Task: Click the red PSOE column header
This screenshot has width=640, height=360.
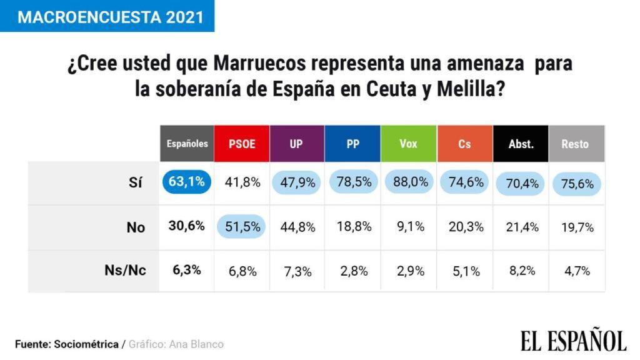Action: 242,144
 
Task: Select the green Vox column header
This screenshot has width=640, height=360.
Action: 408,144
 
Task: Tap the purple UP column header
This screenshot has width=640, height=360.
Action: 297,144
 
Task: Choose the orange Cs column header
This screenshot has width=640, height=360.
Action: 464,144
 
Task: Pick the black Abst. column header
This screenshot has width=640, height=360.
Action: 521,144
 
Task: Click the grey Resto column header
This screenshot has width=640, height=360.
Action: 576,144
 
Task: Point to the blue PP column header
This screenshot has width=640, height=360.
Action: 352,144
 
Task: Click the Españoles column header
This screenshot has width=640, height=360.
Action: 187,144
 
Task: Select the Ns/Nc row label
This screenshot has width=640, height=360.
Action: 126,271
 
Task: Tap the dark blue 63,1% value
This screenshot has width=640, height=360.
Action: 186,182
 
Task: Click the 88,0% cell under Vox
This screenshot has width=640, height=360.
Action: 411,182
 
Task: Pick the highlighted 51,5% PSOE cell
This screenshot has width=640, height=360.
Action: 242,227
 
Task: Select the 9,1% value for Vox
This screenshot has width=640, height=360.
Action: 411,227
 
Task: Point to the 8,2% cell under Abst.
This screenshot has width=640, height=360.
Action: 521,271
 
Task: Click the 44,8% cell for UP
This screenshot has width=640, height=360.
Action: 297,227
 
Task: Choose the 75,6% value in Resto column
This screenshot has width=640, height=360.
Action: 577,183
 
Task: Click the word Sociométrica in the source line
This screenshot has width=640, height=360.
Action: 86,344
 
